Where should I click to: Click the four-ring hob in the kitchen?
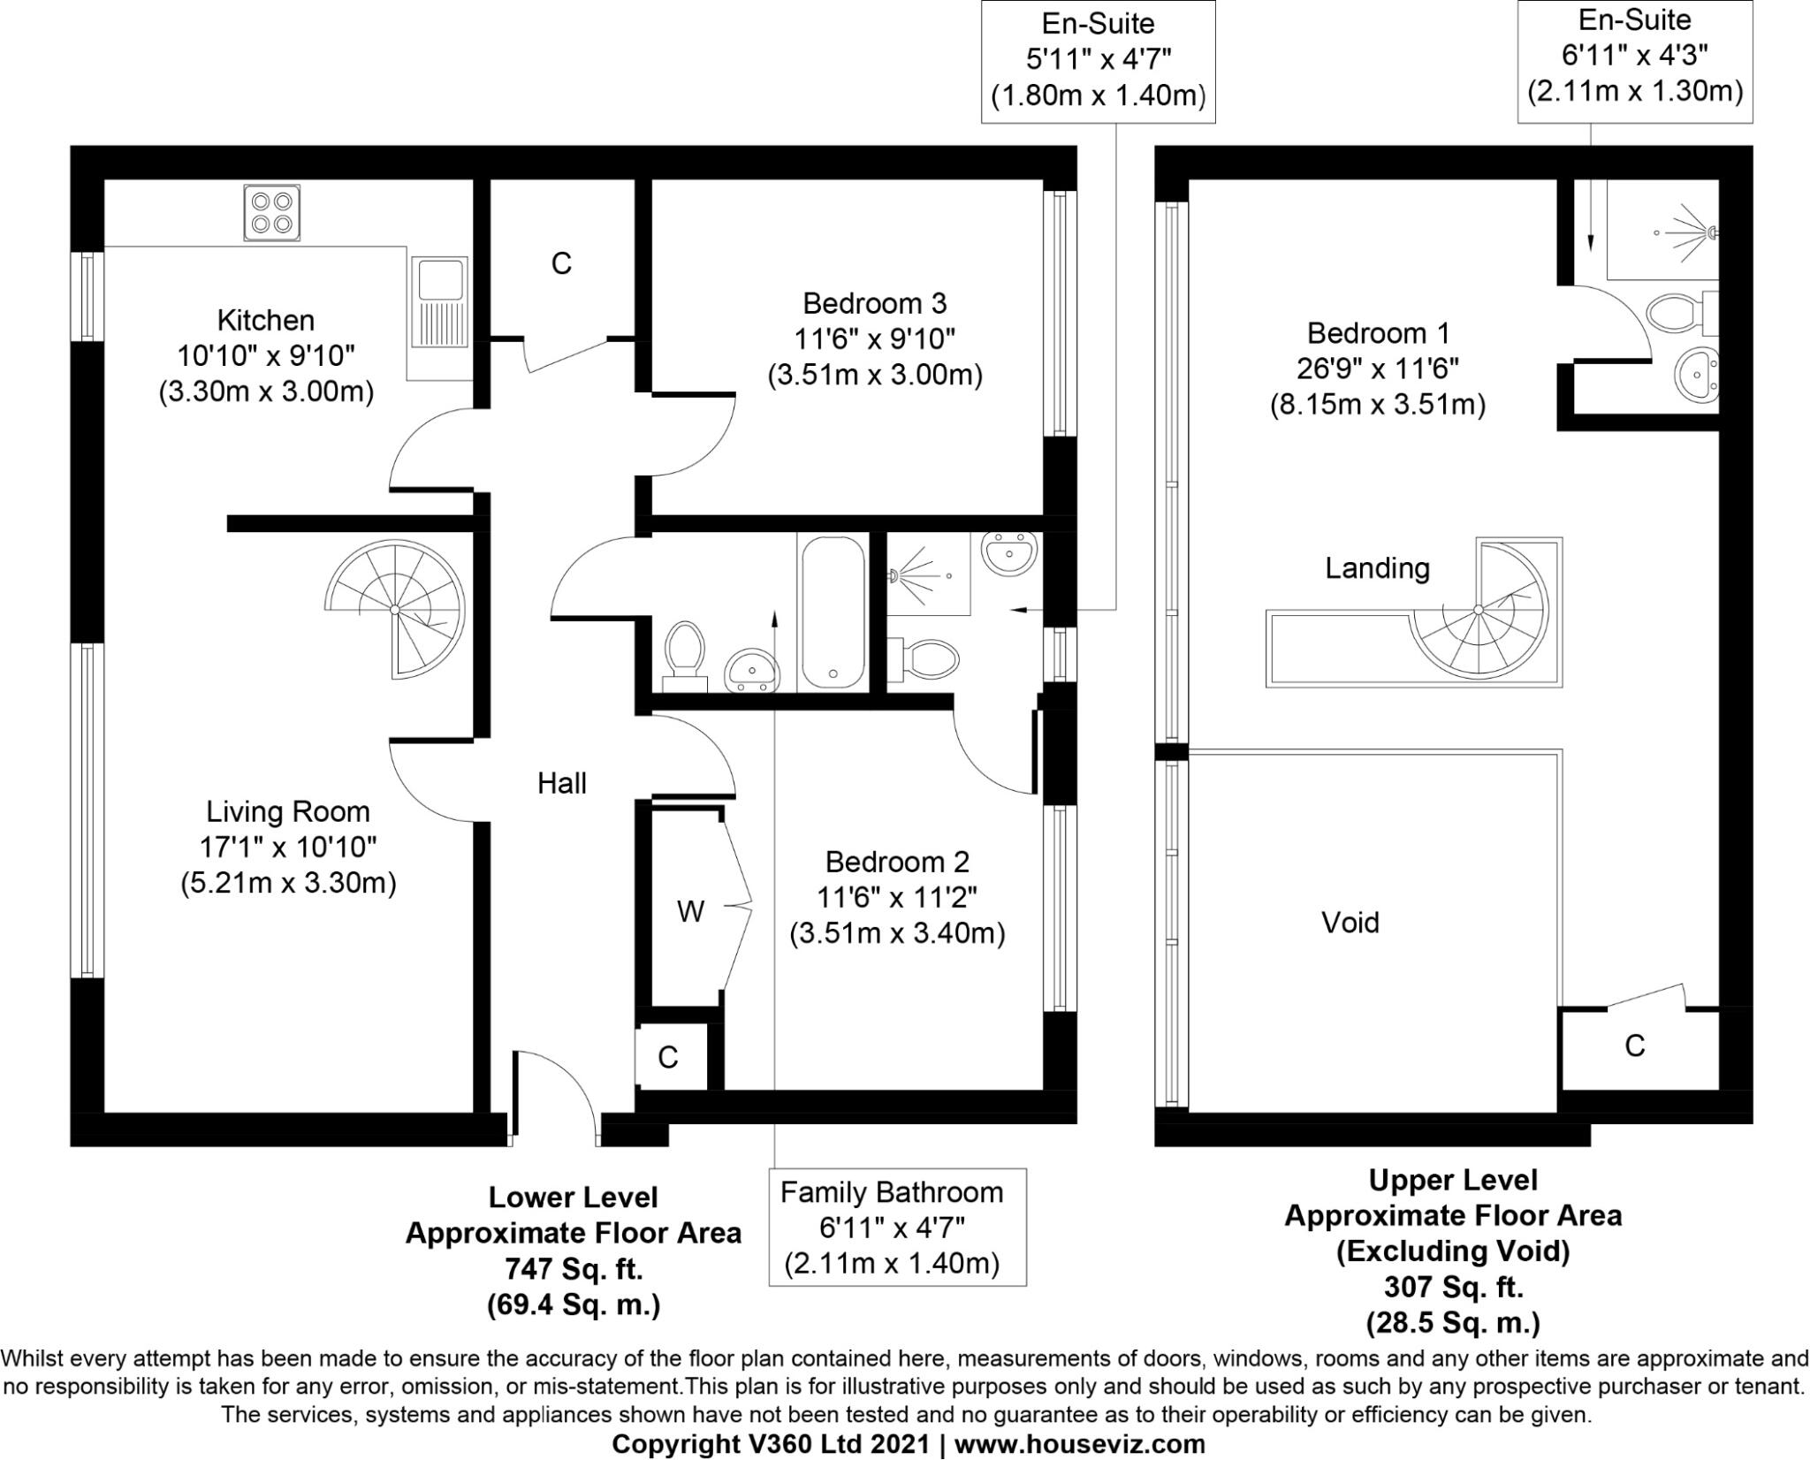click(x=271, y=212)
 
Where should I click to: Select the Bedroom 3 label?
click(x=874, y=303)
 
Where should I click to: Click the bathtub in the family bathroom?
click(x=832, y=612)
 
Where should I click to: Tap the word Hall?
click(x=561, y=783)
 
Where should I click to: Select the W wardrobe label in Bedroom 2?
click(x=690, y=911)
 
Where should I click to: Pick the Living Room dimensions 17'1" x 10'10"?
click(x=287, y=848)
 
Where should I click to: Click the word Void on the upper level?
click(x=1350, y=923)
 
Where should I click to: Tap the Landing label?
click(x=1376, y=568)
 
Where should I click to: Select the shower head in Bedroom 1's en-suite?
click(x=1711, y=232)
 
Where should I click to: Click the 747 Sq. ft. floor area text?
click(x=574, y=1269)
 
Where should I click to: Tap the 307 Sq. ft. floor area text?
click(x=1452, y=1287)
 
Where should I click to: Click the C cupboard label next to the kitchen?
click(x=561, y=263)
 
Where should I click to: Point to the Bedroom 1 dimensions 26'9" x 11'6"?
click(x=1377, y=369)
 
